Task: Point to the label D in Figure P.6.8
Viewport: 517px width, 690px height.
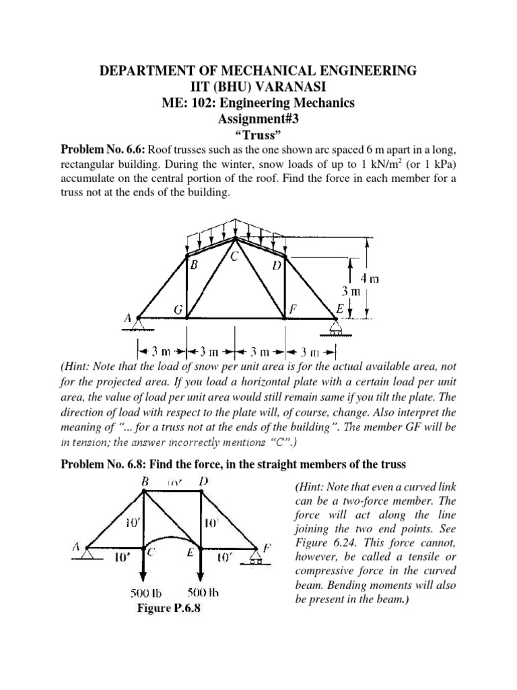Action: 203,482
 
